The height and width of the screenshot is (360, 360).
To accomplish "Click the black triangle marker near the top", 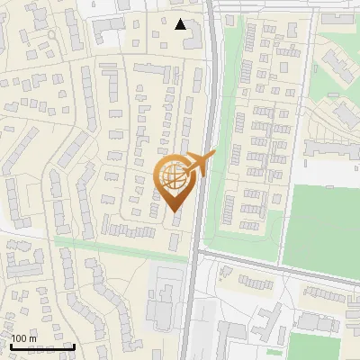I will [181, 24].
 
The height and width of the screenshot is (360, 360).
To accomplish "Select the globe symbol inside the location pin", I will [173, 178].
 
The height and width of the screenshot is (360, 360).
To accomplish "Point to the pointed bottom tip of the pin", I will [174, 212].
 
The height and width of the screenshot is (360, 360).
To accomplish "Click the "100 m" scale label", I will [23, 338].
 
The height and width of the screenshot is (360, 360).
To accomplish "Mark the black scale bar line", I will [42, 346].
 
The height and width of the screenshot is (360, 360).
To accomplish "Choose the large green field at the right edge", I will [324, 225].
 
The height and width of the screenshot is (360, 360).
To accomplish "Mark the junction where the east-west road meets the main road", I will [200, 256].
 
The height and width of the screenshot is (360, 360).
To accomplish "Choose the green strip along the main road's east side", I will [212, 180].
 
